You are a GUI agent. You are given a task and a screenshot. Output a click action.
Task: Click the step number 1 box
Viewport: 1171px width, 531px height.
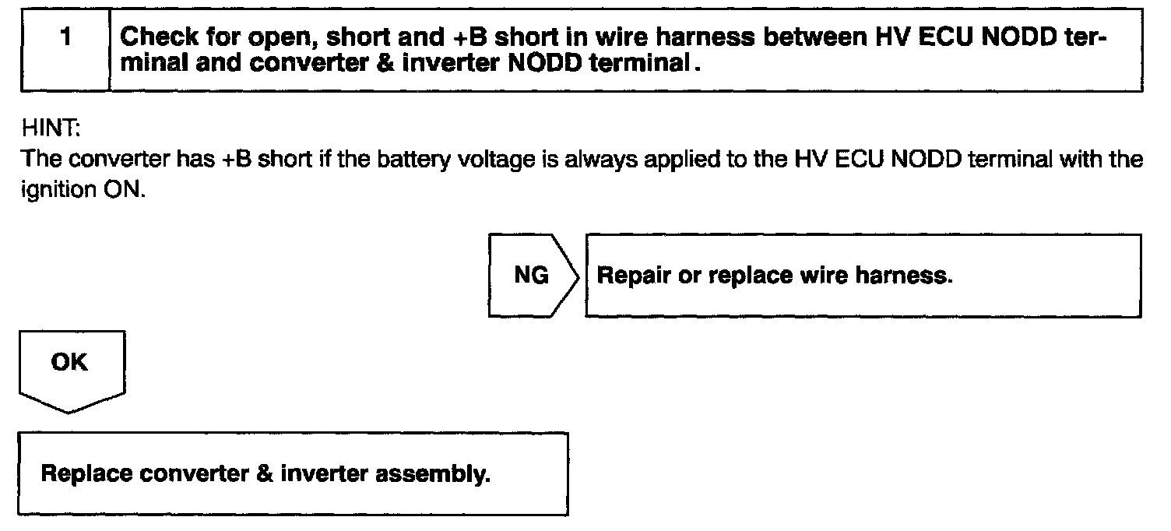pyautogui.click(x=65, y=48)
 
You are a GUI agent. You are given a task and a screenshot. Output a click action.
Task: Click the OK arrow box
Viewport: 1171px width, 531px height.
pyautogui.click(x=70, y=364)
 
